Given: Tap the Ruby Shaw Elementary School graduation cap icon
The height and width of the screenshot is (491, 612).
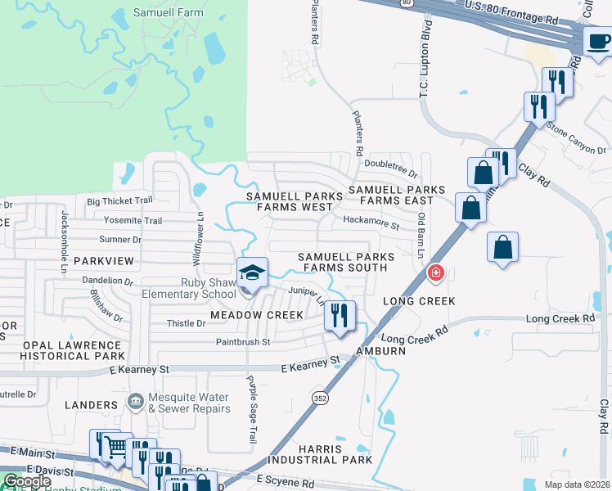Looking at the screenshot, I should pyautogui.click(x=253, y=273).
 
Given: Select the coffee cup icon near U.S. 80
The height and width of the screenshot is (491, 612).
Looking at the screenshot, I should pyautogui.click(x=597, y=40).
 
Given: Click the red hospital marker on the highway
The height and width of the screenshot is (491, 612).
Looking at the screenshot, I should pyautogui.click(x=436, y=273).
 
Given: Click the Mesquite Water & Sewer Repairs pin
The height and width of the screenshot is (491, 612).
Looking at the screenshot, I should pyautogui.click(x=136, y=401).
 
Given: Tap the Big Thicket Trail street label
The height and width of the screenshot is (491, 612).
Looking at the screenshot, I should pyautogui.click(x=119, y=200).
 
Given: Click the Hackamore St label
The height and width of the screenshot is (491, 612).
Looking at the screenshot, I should pyautogui.click(x=371, y=220).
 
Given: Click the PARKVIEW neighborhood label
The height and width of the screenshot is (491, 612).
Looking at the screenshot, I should pyautogui.click(x=103, y=260).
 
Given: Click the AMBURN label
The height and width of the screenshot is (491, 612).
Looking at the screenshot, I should pyautogui.click(x=381, y=351).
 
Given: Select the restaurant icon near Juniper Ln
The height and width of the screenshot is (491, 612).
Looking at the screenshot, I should pyautogui.click(x=339, y=315).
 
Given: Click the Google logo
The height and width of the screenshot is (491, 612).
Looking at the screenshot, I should pyautogui.click(x=27, y=481).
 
